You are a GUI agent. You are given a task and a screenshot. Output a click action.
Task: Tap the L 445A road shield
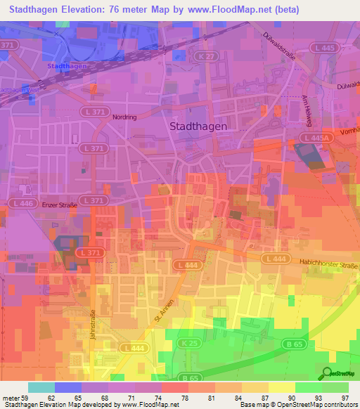[316, 138]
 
